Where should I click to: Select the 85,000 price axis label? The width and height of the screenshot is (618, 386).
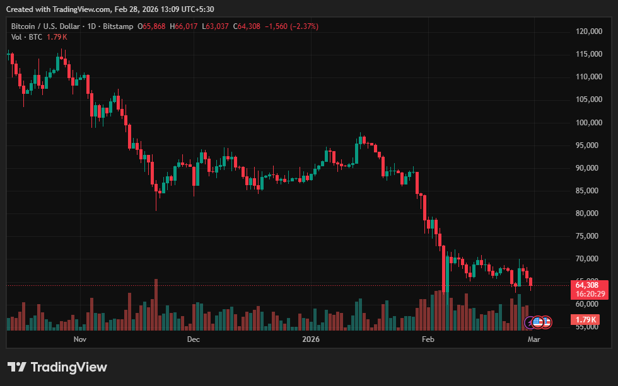[x=590, y=191]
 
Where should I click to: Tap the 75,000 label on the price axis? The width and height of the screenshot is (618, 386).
[x=590, y=236]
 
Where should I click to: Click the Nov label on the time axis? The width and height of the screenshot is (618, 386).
[x=79, y=339]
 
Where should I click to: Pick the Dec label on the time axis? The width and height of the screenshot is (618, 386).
[x=194, y=339]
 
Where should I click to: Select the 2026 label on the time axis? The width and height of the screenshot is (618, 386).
[x=311, y=339]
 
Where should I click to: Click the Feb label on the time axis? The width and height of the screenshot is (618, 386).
[x=428, y=339]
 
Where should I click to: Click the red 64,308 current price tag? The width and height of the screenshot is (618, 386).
[x=590, y=285]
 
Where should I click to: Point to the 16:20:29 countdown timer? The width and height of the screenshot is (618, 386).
[x=590, y=294]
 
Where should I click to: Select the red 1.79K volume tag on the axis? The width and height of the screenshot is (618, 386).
[x=590, y=320]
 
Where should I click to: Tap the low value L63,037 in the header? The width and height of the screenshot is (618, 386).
[x=216, y=26]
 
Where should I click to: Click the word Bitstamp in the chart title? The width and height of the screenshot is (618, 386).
[x=119, y=26]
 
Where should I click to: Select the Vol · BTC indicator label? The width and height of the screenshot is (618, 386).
[x=26, y=37]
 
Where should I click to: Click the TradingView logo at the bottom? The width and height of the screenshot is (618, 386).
[x=57, y=367]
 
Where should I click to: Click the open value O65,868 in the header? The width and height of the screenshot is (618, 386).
[x=152, y=26]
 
